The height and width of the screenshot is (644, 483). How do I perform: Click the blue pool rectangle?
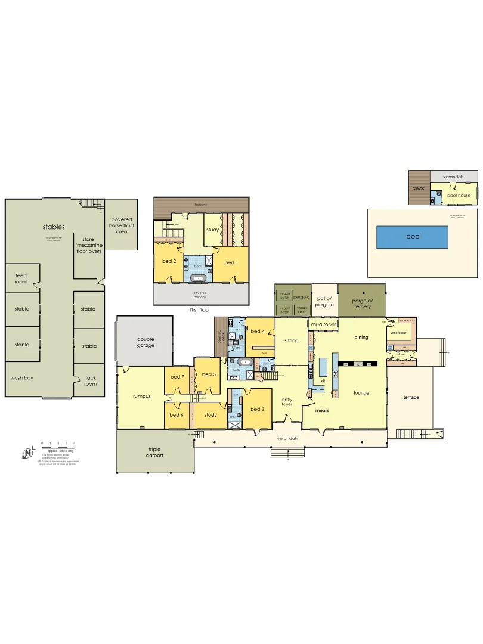[x=413, y=237]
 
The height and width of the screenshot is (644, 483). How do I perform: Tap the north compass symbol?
[x=27, y=453]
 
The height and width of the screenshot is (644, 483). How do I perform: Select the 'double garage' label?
[x=145, y=342]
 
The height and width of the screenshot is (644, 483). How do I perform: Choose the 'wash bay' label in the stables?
[x=21, y=378]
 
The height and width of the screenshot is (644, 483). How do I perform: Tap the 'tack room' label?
[x=91, y=380]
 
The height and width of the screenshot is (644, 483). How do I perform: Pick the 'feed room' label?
[x=21, y=278]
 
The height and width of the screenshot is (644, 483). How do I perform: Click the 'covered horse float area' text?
[x=122, y=225]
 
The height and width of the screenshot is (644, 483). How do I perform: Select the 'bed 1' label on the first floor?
[x=230, y=262]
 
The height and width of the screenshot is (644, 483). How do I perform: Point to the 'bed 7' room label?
[x=177, y=377]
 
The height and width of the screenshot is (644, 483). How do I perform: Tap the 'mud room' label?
[x=323, y=324]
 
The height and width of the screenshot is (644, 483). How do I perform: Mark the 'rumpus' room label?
[x=142, y=397]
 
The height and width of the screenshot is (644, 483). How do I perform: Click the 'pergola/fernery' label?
[x=362, y=303]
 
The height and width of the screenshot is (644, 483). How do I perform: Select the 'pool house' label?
[x=459, y=195]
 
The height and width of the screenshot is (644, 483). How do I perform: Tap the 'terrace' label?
[x=411, y=397]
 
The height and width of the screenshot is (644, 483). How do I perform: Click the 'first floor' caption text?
[x=200, y=310]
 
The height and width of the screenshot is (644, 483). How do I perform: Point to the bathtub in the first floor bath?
[x=199, y=278]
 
